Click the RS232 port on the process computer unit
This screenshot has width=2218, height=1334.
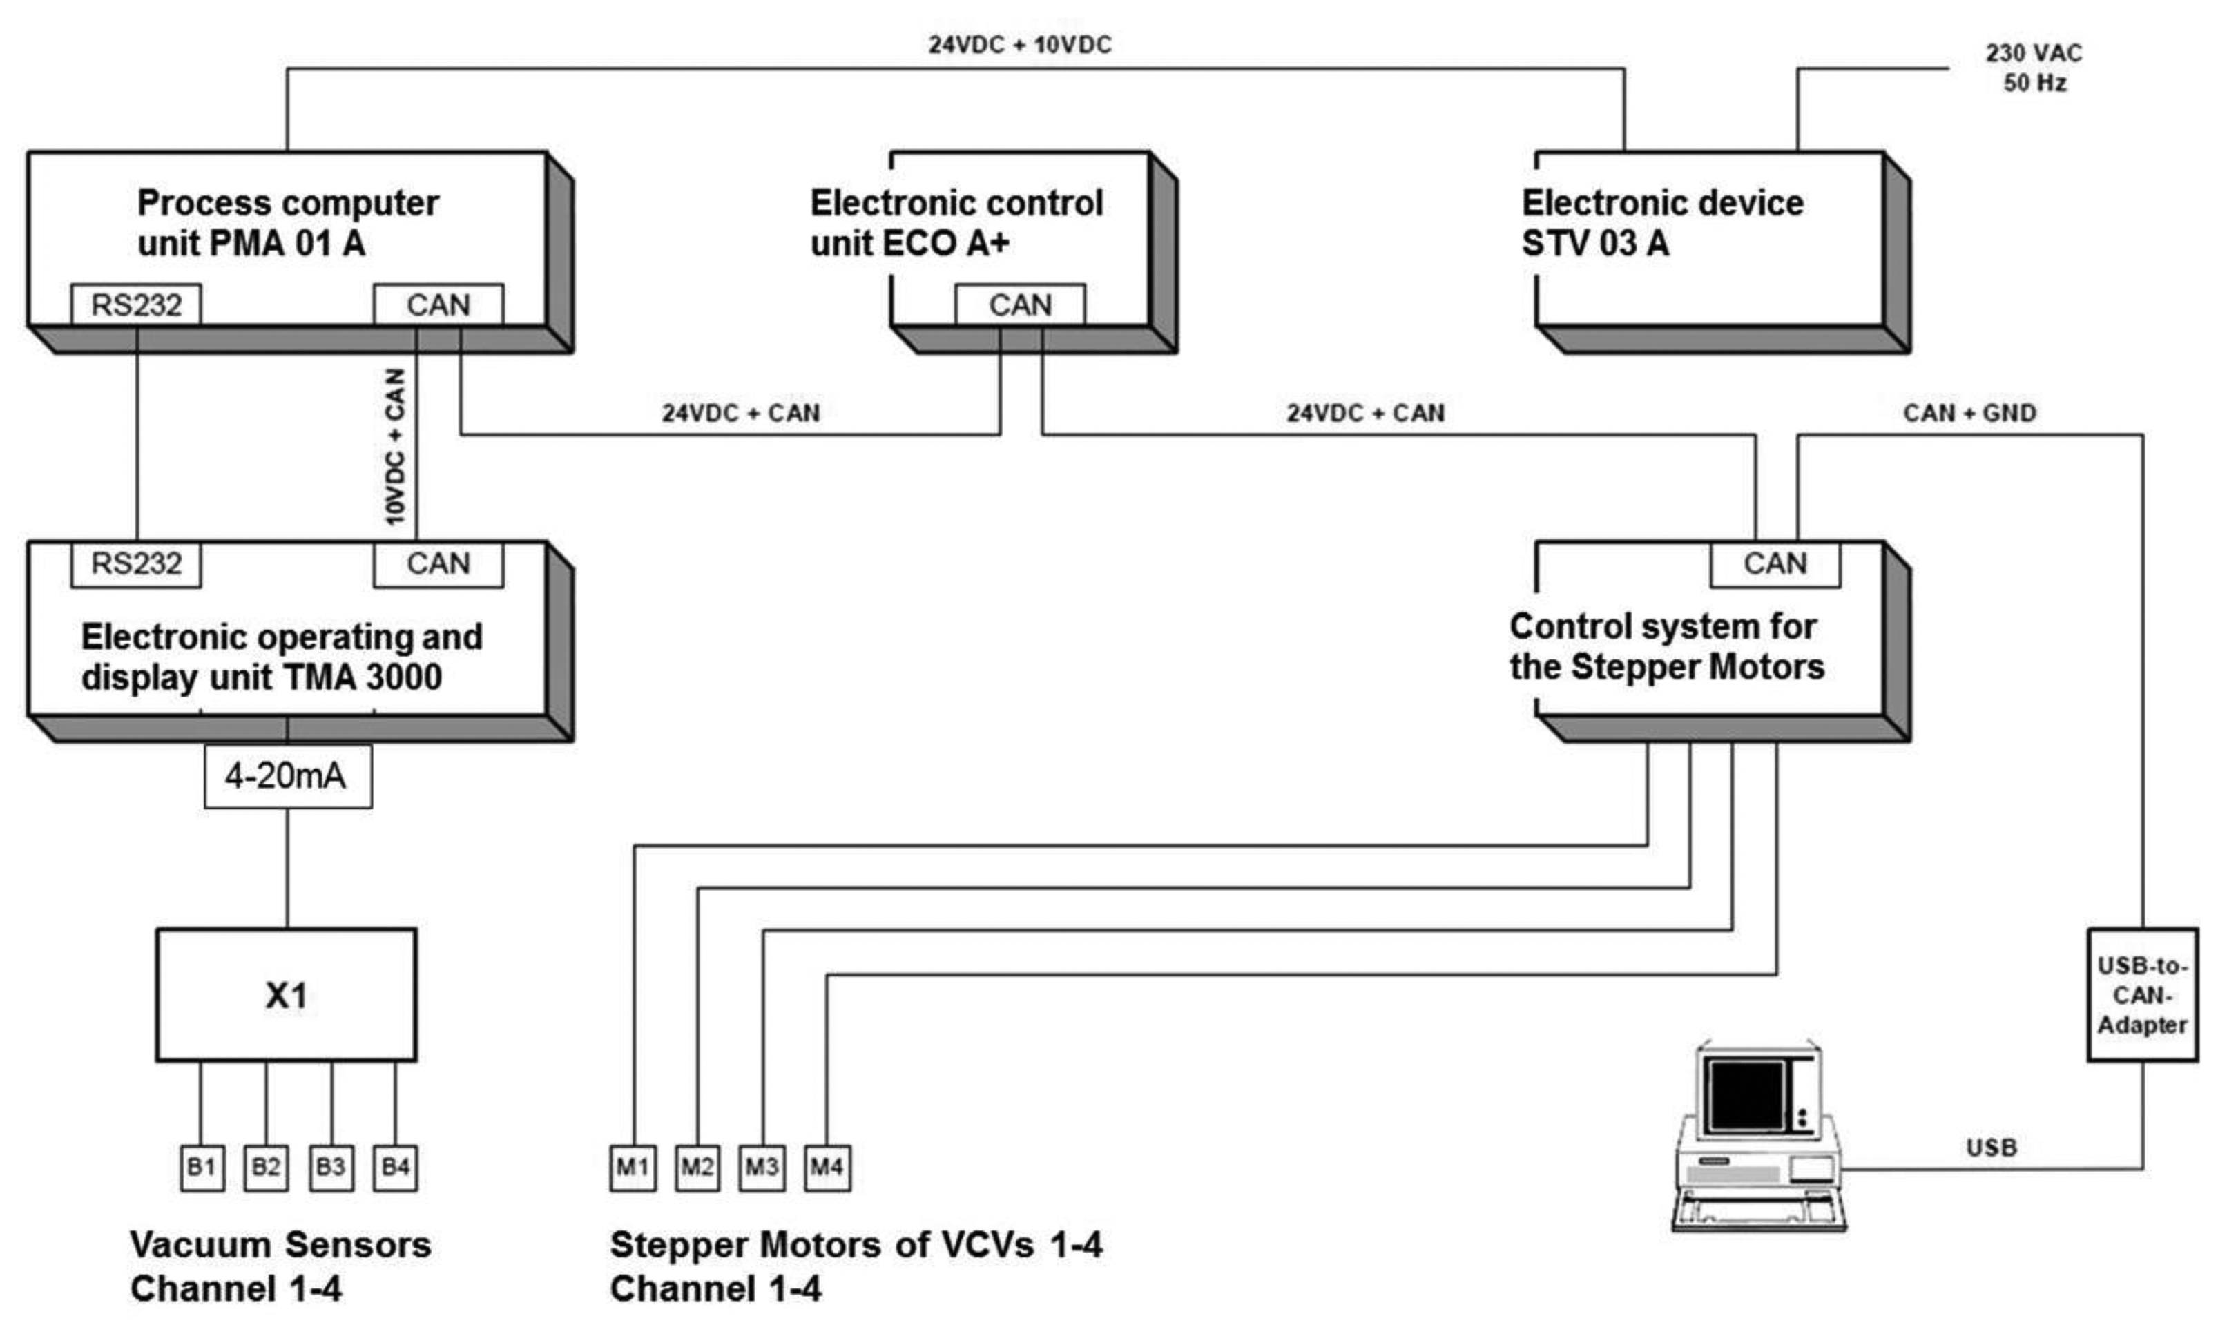(x=136, y=304)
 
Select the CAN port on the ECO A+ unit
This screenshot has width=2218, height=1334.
(x=1019, y=304)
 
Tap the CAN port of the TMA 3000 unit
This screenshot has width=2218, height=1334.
(x=438, y=563)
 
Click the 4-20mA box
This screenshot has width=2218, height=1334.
(x=287, y=776)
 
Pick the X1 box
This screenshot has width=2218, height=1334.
(x=286, y=995)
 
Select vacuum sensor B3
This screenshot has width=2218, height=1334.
(x=331, y=1167)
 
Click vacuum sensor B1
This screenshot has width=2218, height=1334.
(x=202, y=1167)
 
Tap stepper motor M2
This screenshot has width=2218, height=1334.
(x=697, y=1167)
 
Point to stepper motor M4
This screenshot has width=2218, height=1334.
(x=827, y=1167)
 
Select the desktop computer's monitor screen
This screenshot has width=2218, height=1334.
(x=1746, y=1095)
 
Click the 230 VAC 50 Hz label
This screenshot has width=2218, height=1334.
(x=2034, y=68)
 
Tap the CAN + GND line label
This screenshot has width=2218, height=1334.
(x=1969, y=413)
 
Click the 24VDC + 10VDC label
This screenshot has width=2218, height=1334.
(x=1020, y=45)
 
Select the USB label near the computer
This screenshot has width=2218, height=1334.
(x=1992, y=1148)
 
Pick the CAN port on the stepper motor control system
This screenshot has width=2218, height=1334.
(x=1774, y=563)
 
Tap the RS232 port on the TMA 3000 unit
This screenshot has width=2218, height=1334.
(x=136, y=563)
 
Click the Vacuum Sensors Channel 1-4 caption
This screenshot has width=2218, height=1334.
(x=280, y=1266)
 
